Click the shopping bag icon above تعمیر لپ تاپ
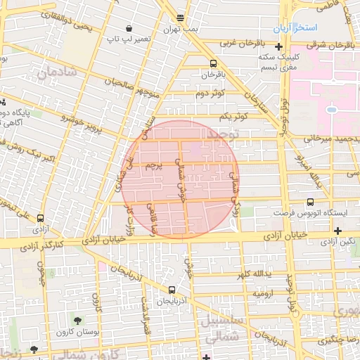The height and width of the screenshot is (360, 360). click(x=129, y=27)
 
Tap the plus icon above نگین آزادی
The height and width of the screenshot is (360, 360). click(x=339, y=230)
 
